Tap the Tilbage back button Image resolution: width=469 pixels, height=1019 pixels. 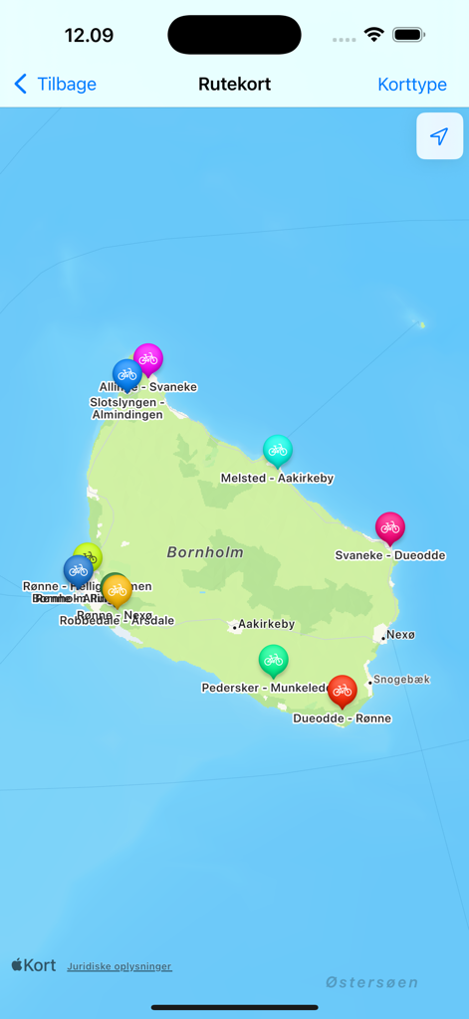[56, 85]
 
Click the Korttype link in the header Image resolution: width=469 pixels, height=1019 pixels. [412, 85]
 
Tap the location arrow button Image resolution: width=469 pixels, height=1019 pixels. [439, 136]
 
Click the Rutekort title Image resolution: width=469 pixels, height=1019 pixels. [234, 85]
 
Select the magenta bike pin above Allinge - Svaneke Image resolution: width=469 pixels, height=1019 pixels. [148, 358]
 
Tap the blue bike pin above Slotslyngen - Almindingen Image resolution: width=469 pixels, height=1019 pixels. [126, 375]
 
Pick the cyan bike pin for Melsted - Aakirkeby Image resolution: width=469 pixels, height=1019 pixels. [278, 451]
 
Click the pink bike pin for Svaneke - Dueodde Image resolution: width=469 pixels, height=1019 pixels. [389, 527]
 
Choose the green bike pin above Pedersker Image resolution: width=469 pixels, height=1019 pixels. [273, 660]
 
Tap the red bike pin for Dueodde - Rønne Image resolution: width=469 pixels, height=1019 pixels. [342, 690]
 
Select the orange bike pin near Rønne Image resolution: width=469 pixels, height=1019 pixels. [117, 590]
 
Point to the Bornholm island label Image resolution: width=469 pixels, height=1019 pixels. [205, 552]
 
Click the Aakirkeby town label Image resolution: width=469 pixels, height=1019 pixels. [266, 625]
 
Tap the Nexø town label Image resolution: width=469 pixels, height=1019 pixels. [400, 634]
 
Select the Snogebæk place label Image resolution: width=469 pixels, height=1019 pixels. [401, 680]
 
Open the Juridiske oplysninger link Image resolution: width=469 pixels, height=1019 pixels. [119, 966]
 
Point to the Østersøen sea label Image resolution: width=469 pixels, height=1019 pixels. [371, 982]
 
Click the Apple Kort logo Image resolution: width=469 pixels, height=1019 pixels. [34, 965]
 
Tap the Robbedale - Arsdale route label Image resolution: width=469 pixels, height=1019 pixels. [117, 621]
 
